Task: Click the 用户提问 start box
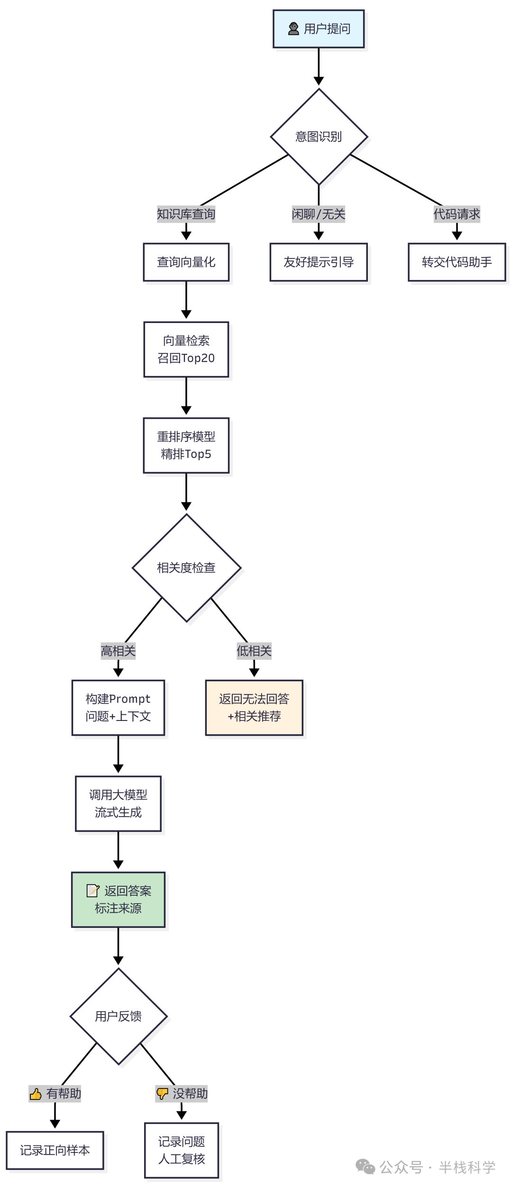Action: (x=319, y=29)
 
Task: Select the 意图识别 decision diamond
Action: (x=319, y=137)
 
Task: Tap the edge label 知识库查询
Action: (x=186, y=214)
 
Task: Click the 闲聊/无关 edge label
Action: (x=319, y=214)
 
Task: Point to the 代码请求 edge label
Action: (x=457, y=214)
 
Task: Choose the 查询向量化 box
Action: (x=186, y=262)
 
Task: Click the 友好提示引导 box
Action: (x=319, y=262)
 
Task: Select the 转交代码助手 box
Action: (x=457, y=262)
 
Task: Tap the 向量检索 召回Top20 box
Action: (x=186, y=350)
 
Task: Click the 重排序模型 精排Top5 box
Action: (x=186, y=445)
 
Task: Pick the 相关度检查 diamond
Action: (x=186, y=567)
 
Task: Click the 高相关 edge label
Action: (x=118, y=651)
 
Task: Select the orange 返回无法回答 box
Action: (x=254, y=708)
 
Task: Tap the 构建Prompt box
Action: (x=118, y=708)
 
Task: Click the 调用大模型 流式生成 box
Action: (x=118, y=803)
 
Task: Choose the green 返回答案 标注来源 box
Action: (x=118, y=900)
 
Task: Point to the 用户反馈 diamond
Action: (x=118, y=1016)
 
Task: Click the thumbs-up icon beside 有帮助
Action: (x=36, y=1094)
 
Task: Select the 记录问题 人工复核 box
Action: (x=181, y=1150)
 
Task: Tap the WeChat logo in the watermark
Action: (x=365, y=1167)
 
